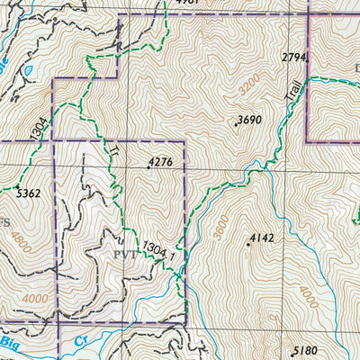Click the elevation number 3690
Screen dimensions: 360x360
249,120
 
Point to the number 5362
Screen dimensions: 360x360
29,191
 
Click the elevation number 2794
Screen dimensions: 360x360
294,58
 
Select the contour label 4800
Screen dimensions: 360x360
13,246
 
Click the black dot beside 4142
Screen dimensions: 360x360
248,244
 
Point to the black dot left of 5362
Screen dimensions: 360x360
16,187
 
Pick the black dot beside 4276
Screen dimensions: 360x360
148,167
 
